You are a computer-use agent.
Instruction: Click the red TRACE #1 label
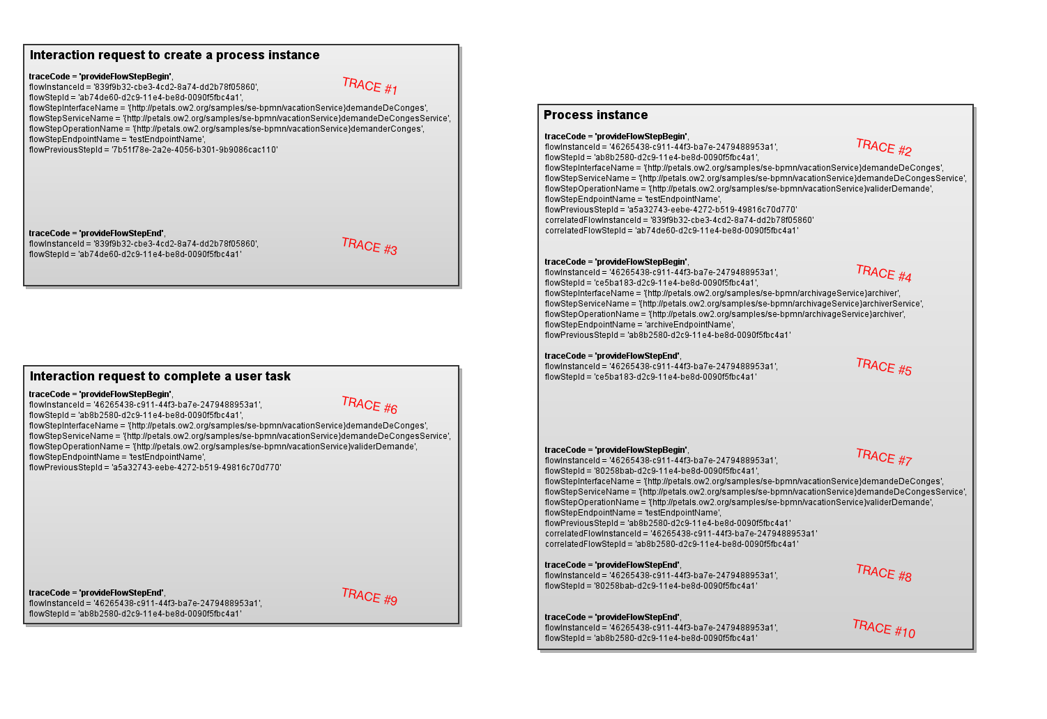pyautogui.click(x=369, y=86)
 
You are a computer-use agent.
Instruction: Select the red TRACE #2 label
pyautogui.click(x=884, y=147)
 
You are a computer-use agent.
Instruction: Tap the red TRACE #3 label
pyautogui.click(x=369, y=246)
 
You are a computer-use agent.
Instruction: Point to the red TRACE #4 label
pyautogui.click(x=884, y=273)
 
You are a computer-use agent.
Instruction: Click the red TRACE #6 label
pyautogui.click(x=369, y=405)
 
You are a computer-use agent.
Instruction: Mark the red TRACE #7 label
pyautogui.click(x=884, y=457)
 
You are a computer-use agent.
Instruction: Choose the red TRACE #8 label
pyautogui.click(x=884, y=573)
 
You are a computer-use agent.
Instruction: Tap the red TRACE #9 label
pyautogui.click(x=369, y=596)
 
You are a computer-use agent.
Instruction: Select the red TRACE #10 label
pyautogui.click(x=884, y=628)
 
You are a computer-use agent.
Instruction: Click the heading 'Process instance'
pyautogui.click(x=595, y=115)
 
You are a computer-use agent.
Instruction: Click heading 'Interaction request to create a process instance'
pyautogui.click(x=174, y=55)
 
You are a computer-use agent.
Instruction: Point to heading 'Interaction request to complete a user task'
pyautogui.click(x=160, y=376)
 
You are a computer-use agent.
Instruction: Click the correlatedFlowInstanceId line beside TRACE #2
pyautogui.click(x=679, y=220)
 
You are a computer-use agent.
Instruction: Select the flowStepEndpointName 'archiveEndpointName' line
pyautogui.click(x=639, y=325)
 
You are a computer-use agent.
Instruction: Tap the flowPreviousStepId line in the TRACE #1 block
pyautogui.click(x=153, y=150)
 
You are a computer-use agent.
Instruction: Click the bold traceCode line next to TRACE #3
pyautogui.click(x=97, y=233)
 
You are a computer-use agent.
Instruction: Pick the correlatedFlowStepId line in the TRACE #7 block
pyautogui.click(x=671, y=544)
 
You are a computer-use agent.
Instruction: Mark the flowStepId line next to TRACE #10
pyautogui.click(x=650, y=638)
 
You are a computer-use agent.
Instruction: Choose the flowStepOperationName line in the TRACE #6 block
pyautogui.click(x=223, y=447)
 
